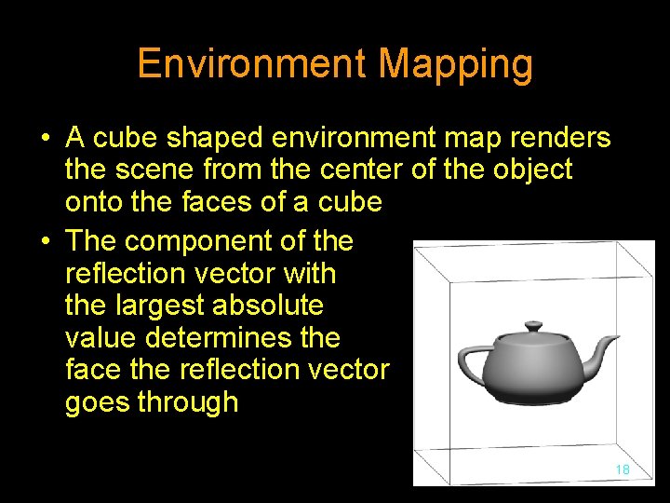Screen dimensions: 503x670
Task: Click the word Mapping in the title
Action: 456,65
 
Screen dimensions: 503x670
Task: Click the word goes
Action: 94,403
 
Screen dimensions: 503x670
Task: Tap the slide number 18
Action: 623,469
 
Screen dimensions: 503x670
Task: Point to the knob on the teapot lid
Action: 533,326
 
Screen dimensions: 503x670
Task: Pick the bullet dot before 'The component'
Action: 45,242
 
